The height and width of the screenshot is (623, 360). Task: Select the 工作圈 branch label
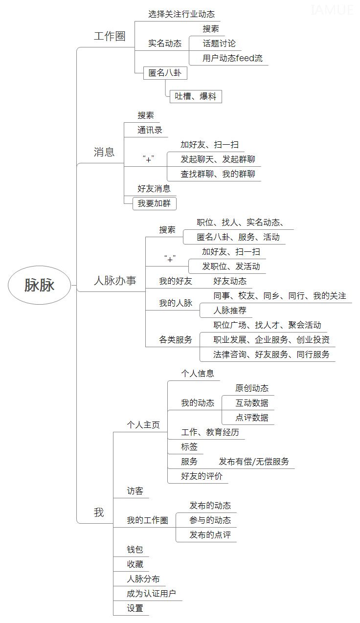pos(110,36)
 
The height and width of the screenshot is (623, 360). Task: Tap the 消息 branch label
pos(104,152)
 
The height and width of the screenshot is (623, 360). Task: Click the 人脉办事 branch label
pos(115,281)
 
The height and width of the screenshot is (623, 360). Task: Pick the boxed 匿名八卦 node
pos(165,73)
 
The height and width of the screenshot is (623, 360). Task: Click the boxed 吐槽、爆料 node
pos(196,96)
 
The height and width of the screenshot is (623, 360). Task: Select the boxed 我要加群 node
pos(155,203)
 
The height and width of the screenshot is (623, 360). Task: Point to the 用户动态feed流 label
pos(232,58)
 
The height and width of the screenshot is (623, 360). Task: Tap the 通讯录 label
pos(150,130)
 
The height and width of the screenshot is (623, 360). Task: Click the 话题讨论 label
pos(219,44)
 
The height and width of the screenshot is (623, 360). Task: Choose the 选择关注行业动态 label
pos(181,14)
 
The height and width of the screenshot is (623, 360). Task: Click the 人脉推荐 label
pos(230,311)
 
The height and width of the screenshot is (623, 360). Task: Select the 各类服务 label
pos(176,339)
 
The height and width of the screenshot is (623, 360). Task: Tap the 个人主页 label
pos(143,424)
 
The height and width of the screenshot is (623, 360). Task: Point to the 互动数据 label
pos(252,403)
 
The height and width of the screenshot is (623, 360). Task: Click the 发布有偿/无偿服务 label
pos(254,462)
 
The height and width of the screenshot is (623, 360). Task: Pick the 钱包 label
pos(135,549)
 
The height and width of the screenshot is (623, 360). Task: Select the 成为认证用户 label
pos(151,594)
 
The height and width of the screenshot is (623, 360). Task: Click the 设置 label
pos(135,608)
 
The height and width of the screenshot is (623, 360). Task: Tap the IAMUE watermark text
pos(332,10)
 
